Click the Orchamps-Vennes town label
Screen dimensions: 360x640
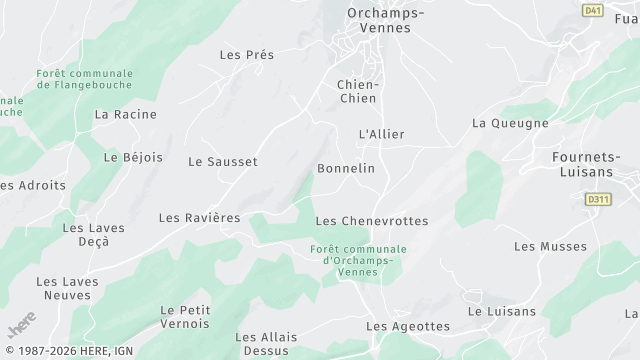coord(385,20)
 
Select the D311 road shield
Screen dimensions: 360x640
coord(598,200)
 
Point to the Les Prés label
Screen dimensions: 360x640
coord(246,55)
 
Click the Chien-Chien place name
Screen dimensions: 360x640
coord(357,91)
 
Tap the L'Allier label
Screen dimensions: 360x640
coord(381,133)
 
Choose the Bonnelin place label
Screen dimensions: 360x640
coord(346,168)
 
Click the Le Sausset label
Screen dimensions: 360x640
coord(223,161)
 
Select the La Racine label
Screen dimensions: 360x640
coord(126,114)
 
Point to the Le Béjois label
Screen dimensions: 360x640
coord(125,157)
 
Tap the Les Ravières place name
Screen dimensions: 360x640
coord(200,217)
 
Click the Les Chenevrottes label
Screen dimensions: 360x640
coord(371,220)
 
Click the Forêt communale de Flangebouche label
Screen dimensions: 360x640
coord(85,79)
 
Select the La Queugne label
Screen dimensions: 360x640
coord(510,123)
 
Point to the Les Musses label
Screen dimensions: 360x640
coord(551,246)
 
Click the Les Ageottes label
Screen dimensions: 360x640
coord(408,326)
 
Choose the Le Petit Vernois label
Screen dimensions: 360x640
coord(185,317)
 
